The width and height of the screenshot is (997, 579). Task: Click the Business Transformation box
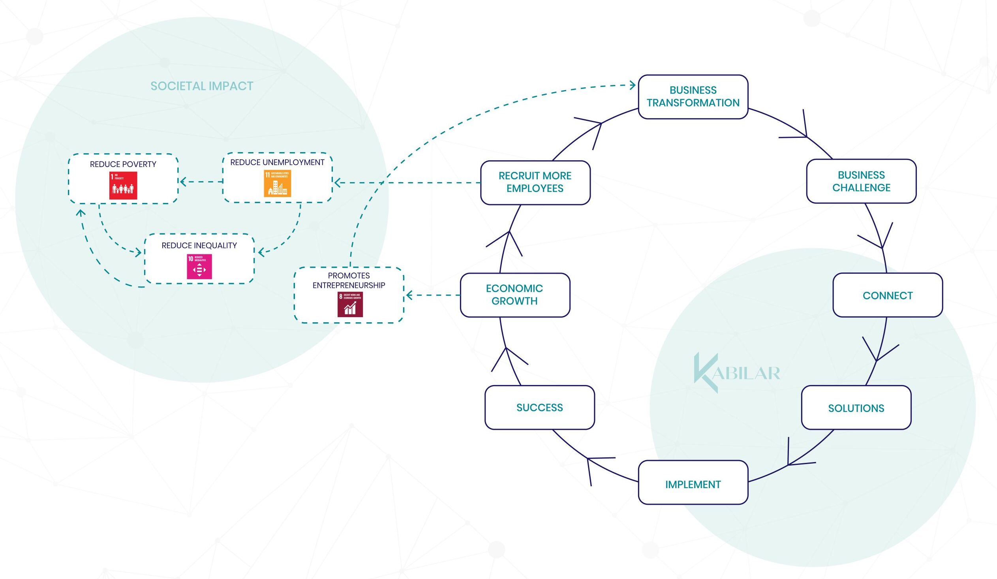tap(693, 97)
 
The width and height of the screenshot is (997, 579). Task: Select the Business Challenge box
tap(861, 181)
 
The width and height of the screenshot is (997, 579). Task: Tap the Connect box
tap(887, 295)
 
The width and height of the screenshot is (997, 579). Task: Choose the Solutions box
tap(856, 408)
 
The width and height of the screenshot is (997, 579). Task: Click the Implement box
tap(693, 484)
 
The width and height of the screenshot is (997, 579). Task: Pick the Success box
tap(539, 407)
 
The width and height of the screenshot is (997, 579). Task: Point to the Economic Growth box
tap(515, 295)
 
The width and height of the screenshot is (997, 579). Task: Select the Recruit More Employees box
tap(535, 182)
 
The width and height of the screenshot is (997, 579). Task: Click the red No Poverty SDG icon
tap(123, 185)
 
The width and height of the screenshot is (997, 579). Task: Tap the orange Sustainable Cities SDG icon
tap(277, 184)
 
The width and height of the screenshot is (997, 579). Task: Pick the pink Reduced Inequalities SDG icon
tap(199, 266)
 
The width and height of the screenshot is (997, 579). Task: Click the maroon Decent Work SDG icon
tap(350, 305)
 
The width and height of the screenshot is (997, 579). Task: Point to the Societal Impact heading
tap(202, 86)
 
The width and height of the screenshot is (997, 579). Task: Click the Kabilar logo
tap(736, 372)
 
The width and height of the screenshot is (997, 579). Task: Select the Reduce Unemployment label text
tap(277, 162)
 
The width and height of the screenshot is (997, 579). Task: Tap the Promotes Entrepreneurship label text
tap(349, 280)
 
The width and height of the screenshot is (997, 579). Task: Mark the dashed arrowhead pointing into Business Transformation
tap(633, 85)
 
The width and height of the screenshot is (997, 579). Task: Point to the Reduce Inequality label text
tap(199, 245)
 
